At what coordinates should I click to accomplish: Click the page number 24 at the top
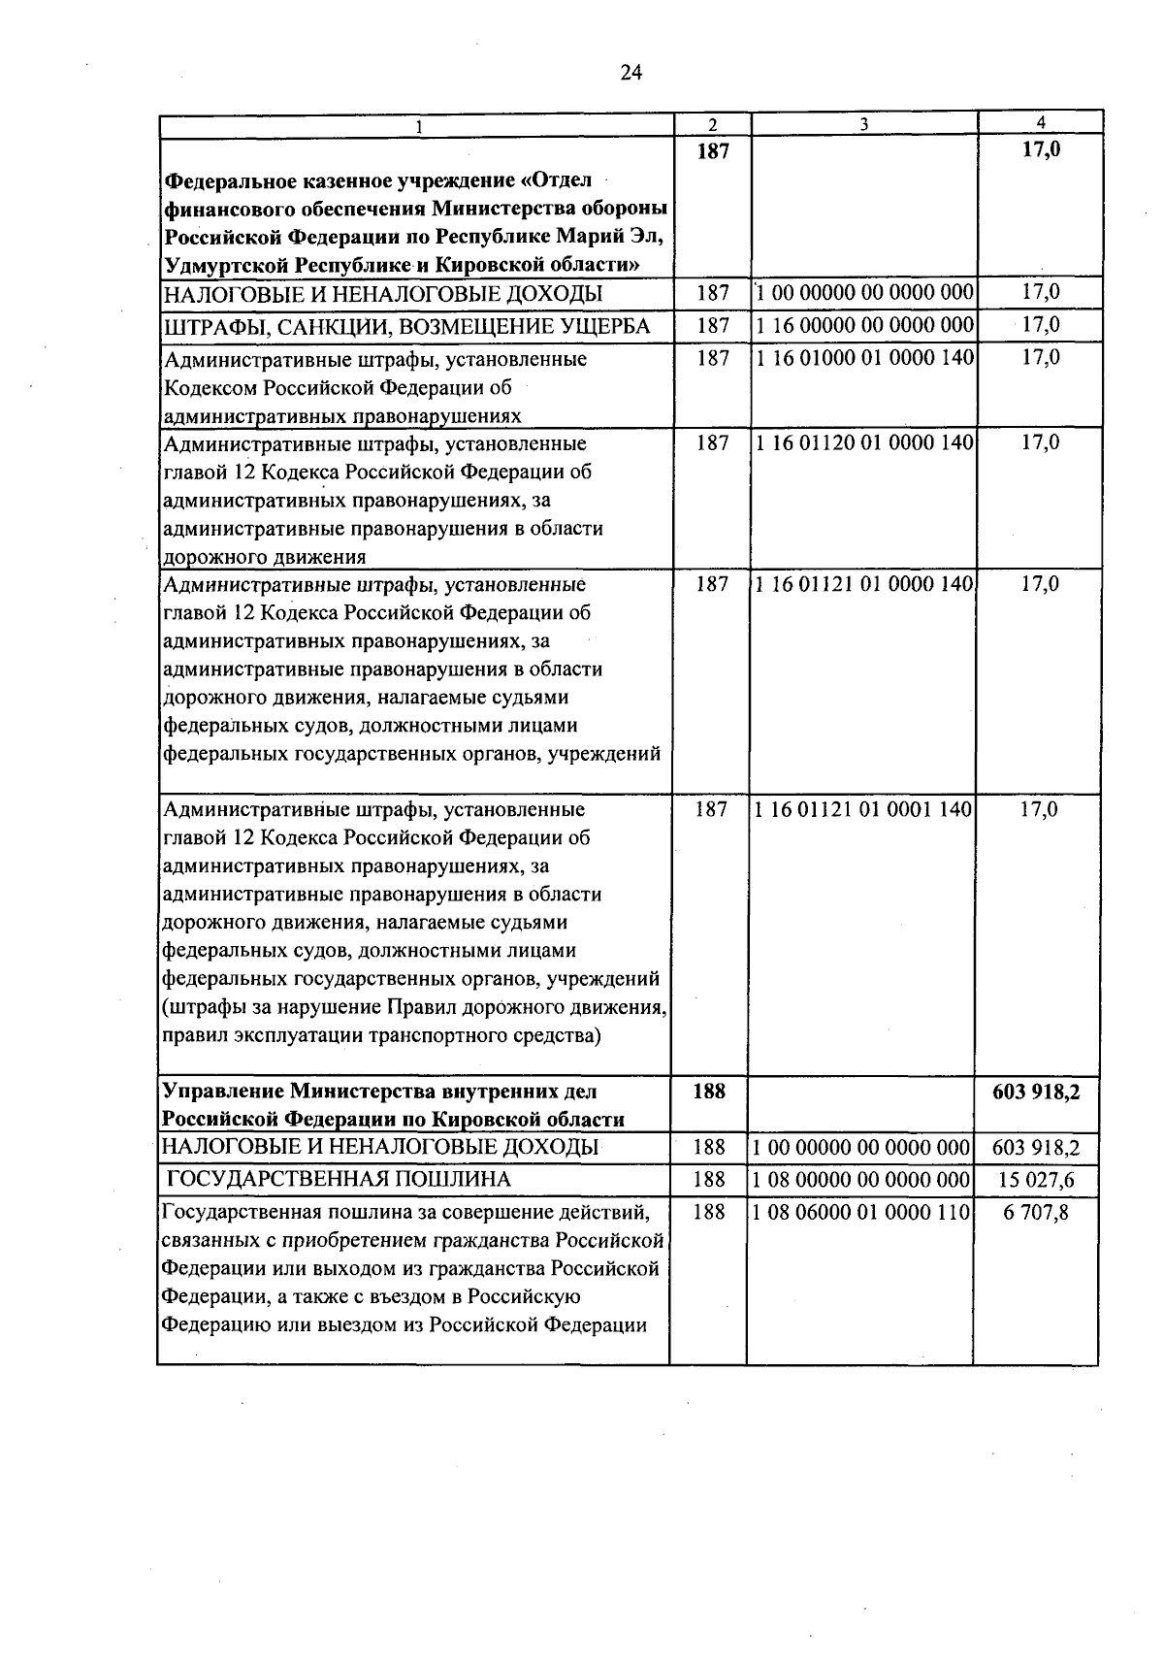631,74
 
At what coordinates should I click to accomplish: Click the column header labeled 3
863,124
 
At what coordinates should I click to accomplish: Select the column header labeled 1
417,125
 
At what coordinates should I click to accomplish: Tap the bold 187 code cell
712,150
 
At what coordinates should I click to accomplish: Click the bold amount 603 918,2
1036,1091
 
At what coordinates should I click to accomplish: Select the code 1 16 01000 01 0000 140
863,358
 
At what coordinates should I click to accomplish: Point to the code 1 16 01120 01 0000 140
863,443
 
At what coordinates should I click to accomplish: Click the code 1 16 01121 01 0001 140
863,809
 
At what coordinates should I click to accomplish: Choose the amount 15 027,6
1036,1180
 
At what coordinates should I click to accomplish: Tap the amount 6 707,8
1036,1211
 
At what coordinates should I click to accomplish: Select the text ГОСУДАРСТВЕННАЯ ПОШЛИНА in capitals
339,1180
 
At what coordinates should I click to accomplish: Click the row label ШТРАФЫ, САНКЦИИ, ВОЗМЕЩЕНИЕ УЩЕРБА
406,326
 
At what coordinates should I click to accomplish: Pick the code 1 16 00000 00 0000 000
863,326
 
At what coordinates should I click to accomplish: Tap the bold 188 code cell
709,1091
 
